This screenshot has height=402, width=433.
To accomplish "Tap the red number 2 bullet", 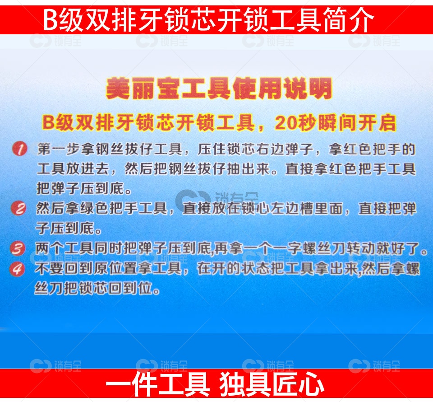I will tap(19, 209).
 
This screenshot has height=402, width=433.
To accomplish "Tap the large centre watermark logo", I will tap(193, 199).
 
